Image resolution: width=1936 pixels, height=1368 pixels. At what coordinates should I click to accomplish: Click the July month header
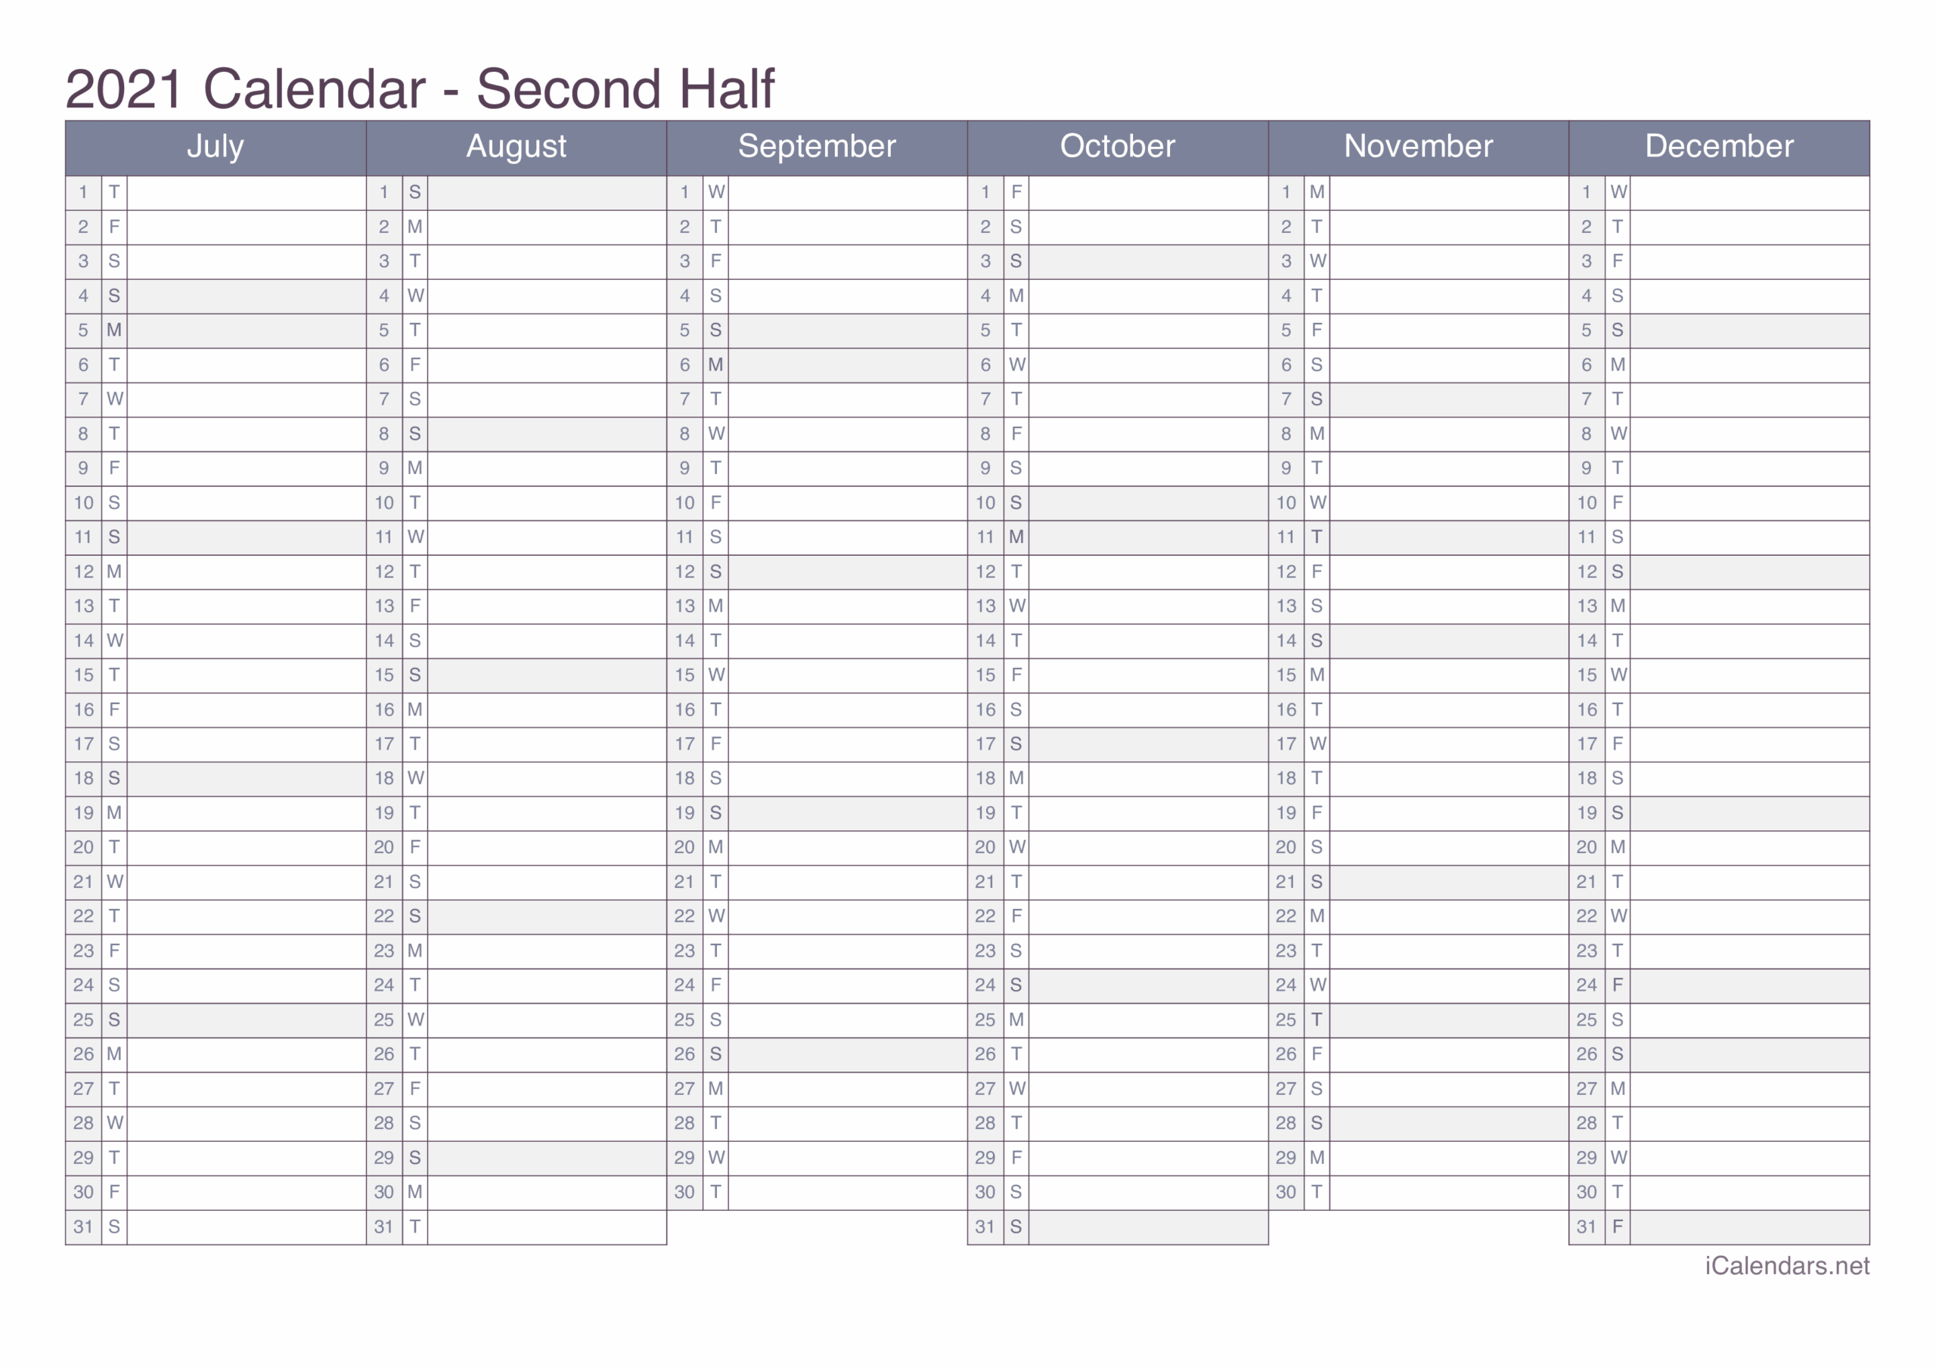tap(215, 147)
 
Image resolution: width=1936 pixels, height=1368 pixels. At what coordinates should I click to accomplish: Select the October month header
tap(1117, 147)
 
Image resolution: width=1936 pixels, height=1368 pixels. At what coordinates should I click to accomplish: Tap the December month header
tap(1718, 147)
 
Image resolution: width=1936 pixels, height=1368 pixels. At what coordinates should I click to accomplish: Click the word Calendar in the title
tap(314, 88)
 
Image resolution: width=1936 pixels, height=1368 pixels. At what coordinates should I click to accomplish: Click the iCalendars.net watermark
tap(1787, 1266)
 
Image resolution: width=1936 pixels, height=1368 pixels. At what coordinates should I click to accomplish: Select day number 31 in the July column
tap(82, 1227)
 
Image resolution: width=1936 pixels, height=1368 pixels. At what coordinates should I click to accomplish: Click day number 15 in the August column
tap(383, 675)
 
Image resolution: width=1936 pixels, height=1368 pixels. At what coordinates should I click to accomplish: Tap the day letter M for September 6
tap(715, 365)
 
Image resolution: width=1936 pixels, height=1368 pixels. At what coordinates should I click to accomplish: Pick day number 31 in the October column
tap(985, 1227)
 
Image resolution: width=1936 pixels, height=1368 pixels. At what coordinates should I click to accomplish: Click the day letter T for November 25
tap(1316, 1019)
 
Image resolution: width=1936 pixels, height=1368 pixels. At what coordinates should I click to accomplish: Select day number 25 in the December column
tap(1586, 1019)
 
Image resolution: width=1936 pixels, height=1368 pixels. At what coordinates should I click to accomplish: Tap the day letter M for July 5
tap(114, 330)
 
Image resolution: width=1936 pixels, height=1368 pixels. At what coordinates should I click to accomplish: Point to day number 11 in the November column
tap(1285, 537)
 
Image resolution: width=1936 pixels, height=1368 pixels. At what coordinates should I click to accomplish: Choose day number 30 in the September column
tap(684, 1193)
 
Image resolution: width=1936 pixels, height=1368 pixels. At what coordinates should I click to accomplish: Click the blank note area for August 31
tap(547, 1227)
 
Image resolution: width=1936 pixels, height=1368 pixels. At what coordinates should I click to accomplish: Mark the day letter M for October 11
tap(1016, 537)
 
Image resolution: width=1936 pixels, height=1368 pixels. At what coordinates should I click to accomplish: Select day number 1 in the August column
tap(383, 192)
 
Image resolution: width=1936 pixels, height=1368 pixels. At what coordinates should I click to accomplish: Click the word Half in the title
tap(727, 88)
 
